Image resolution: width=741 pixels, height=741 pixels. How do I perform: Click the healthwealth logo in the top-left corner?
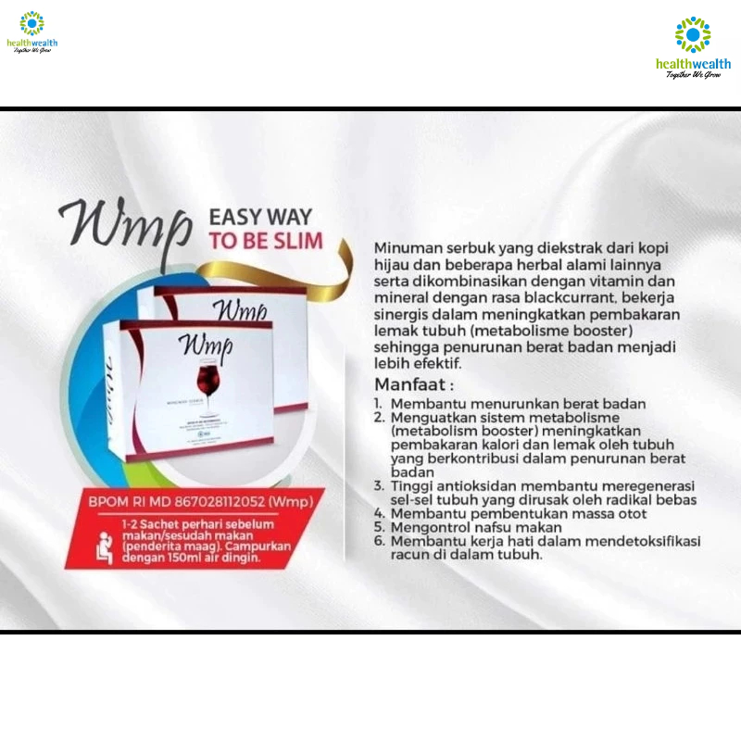(x=31, y=31)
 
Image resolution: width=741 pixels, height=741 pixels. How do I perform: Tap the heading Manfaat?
(x=408, y=383)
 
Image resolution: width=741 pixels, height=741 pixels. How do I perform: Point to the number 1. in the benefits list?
(x=379, y=405)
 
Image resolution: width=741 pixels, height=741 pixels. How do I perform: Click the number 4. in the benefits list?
(x=379, y=513)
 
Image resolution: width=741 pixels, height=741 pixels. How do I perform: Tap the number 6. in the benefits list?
(x=379, y=541)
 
